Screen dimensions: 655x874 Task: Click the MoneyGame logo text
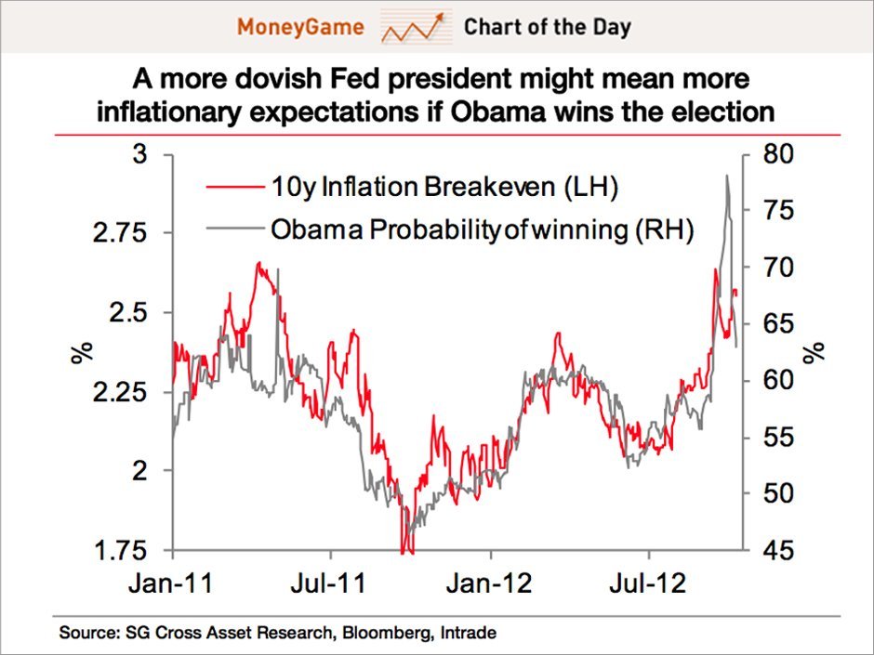pyautogui.click(x=299, y=26)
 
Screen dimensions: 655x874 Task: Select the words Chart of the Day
pyautogui.click(x=547, y=26)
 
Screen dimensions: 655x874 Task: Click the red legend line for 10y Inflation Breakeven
pyautogui.click(x=232, y=189)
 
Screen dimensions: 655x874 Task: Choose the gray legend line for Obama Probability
pyautogui.click(x=232, y=229)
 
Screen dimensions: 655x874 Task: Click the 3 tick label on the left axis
pyautogui.click(x=141, y=154)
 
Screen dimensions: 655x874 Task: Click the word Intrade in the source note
pyautogui.click(x=469, y=634)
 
